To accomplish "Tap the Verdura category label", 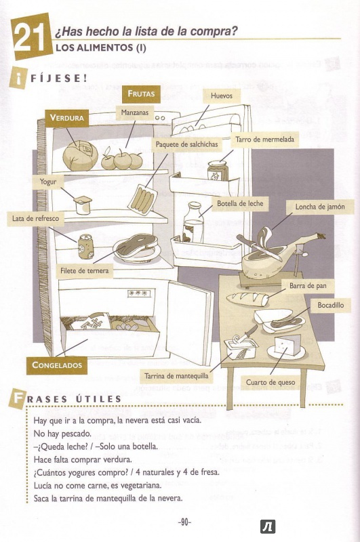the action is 67,118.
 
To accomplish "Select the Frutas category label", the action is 141,93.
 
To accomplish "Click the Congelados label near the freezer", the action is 57,365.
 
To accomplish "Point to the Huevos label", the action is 222,96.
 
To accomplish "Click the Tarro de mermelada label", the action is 264,140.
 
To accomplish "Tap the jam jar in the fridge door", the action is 216,171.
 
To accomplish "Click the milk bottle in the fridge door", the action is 194,222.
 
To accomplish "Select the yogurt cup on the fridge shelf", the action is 83,205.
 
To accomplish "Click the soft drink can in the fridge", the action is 85,247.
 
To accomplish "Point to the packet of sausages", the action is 142,199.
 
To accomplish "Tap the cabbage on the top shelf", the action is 80,156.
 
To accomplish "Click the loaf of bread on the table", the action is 247,299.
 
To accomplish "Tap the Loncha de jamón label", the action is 320,207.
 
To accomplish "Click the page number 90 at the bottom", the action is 184,522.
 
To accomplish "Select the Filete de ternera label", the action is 84,270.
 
